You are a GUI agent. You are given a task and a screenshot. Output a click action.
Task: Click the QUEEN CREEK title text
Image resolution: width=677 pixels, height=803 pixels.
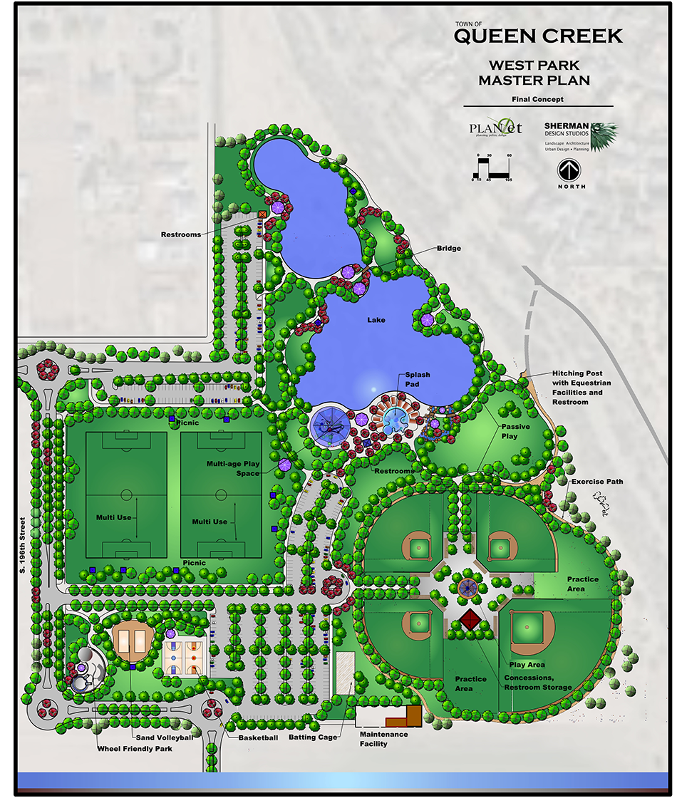pyautogui.click(x=538, y=36)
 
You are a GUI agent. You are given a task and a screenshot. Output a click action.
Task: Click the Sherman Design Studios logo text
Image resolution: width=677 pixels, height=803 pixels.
pyautogui.click(x=566, y=129)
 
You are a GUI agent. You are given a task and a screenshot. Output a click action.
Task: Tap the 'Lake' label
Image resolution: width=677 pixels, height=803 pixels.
pyautogui.click(x=376, y=320)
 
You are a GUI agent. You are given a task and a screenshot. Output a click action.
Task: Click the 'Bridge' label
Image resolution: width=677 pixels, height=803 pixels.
pyautogui.click(x=449, y=248)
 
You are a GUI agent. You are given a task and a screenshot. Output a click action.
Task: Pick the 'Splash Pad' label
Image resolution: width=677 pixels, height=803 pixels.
pyautogui.click(x=418, y=379)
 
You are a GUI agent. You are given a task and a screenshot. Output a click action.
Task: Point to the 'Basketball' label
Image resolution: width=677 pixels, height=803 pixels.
pyautogui.click(x=258, y=737)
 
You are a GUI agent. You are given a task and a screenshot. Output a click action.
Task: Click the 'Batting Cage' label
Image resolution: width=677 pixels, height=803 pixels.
pyautogui.click(x=312, y=737)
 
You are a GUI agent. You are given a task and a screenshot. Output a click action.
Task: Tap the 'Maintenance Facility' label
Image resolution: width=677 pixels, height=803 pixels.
pyautogui.click(x=383, y=739)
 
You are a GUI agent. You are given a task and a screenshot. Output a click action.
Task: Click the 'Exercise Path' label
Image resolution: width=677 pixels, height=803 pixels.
pyautogui.click(x=597, y=482)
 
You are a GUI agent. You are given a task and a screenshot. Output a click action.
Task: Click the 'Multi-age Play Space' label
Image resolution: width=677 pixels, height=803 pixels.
pyautogui.click(x=232, y=469)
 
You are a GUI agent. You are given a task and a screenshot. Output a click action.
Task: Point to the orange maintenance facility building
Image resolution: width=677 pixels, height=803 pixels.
pyautogui.click(x=412, y=715)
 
